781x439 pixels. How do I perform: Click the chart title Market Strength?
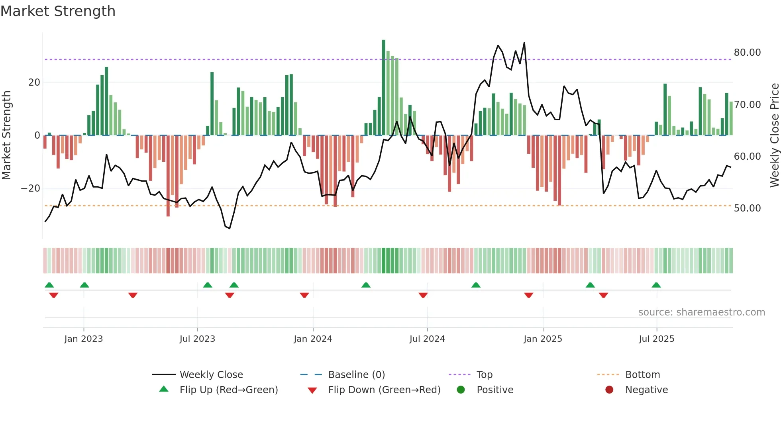point(58,11)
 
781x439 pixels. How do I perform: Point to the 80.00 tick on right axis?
point(747,53)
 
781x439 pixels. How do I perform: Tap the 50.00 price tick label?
point(747,208)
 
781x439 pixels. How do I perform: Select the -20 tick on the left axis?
point(31,188)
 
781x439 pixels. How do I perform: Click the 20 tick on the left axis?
point(34,82)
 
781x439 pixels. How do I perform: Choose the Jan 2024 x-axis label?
point(313,339)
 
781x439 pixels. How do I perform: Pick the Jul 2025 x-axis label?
point(656,339)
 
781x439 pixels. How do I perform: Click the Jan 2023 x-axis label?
point(84,339)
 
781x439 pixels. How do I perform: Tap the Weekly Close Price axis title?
point(774,135)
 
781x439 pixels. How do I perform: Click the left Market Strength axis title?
point(6,135)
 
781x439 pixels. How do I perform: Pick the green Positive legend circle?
point(461,390)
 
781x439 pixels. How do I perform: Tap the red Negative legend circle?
point(609,390)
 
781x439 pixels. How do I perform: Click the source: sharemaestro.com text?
point(701,312)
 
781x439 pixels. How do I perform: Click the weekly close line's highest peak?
point(524,43)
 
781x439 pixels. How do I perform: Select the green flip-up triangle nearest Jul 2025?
point(656,285)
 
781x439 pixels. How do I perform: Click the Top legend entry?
point(484,375)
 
